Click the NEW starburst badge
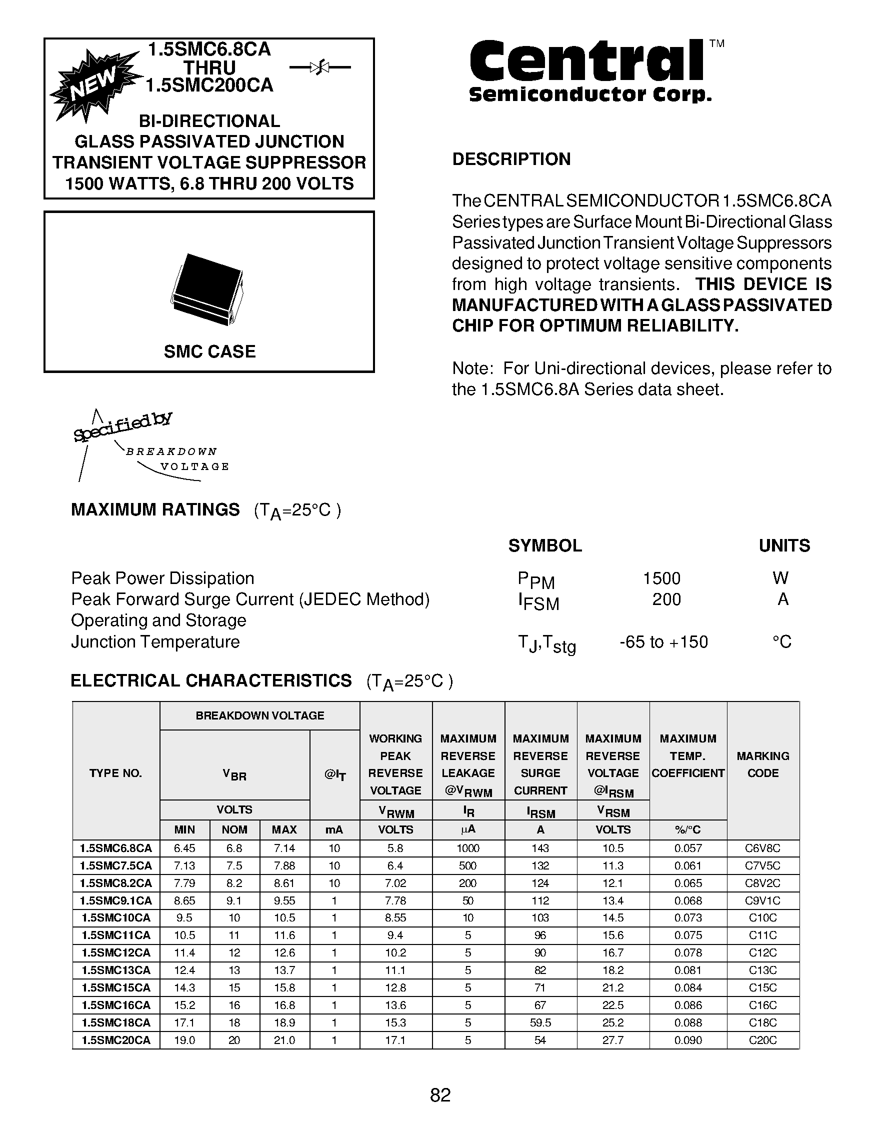click(96, 85)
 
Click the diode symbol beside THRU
click(320, 67)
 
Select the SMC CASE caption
click(209, 351)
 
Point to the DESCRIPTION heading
click(511, 159)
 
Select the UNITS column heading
click(784, 545)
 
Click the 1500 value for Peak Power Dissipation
click(661, 578)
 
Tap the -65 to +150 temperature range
click(663, 642)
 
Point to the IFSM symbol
click(538, 601)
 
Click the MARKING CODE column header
click(762, 764)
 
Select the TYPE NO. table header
click(115, 772)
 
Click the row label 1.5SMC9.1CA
click(116, 900)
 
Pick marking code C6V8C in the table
click(762, 848)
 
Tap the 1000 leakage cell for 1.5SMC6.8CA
click(467, 848)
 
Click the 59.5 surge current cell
click(540, 1022)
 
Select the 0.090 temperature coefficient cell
click(687, 1040)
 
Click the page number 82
click(440, 1095)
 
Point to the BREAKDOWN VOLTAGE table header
click(259, 715)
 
